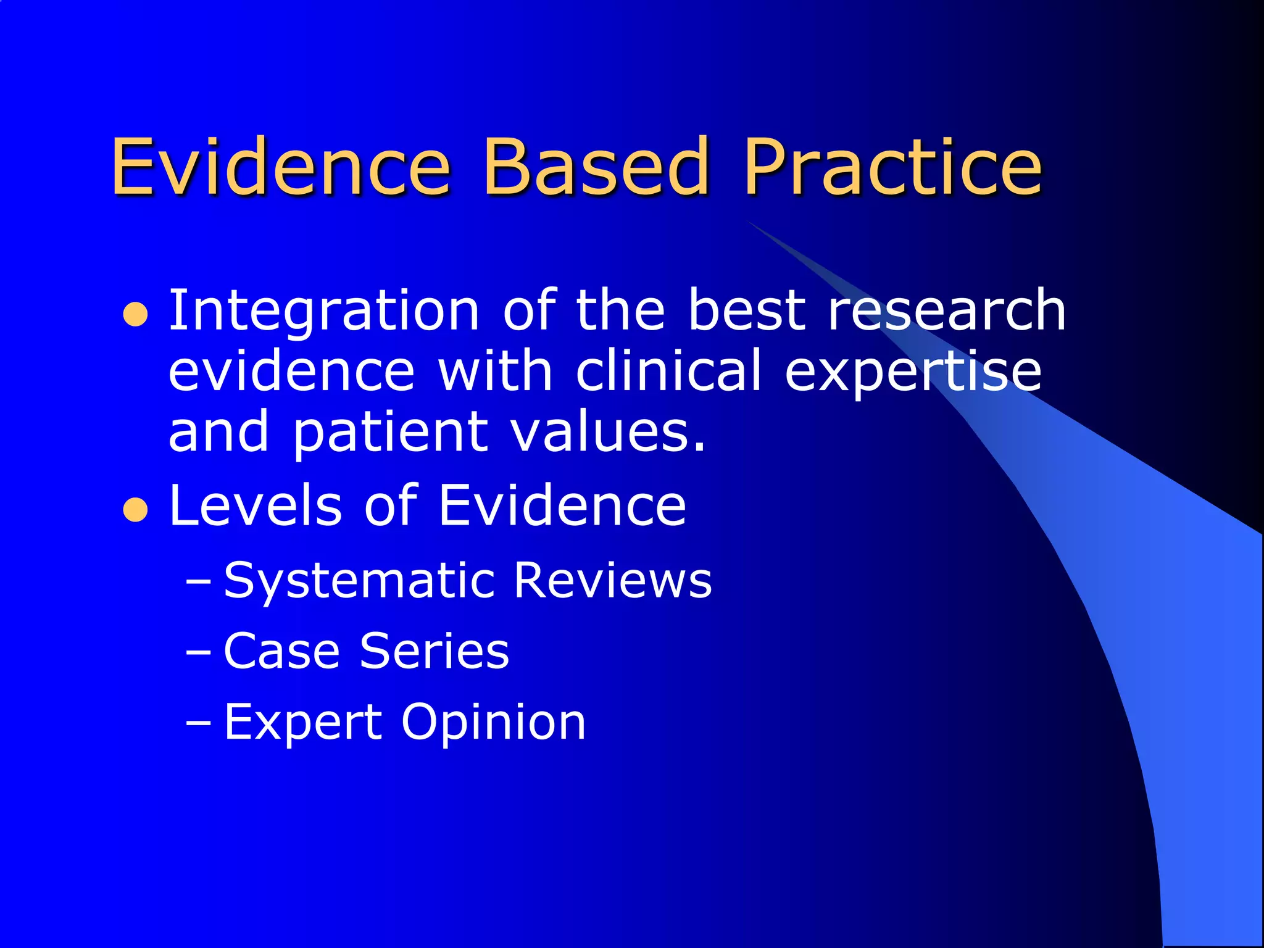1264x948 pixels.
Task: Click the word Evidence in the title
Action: (281, 167)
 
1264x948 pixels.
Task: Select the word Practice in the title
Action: (892, 167)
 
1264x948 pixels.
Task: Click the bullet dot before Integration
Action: (135, 314)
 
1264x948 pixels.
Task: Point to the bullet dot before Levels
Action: (135, 510)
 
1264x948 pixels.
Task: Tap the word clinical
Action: (669, 370)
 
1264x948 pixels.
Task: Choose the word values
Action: (609, 432)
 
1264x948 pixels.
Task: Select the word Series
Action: (434, 651)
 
